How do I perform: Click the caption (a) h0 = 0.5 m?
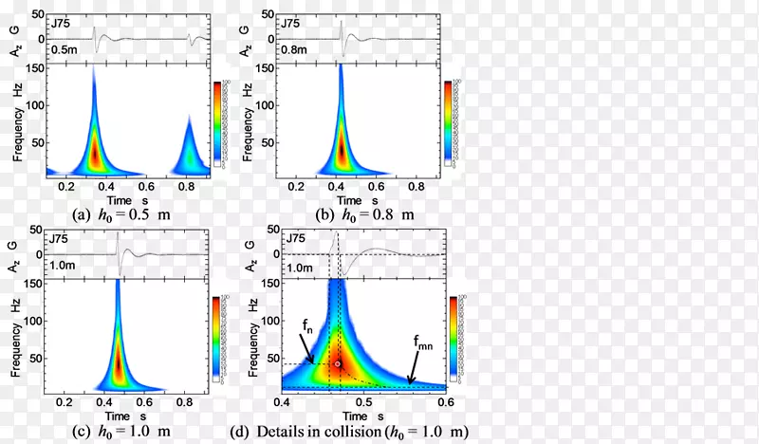[x=120, y=213]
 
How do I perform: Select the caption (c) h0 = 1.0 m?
[x=120, y=432]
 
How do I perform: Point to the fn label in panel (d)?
[x=307, y=325]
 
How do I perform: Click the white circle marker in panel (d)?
[x=337, y=363]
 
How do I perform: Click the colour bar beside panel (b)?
[x=448, y=119]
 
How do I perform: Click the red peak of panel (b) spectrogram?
[x=342, y=150]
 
